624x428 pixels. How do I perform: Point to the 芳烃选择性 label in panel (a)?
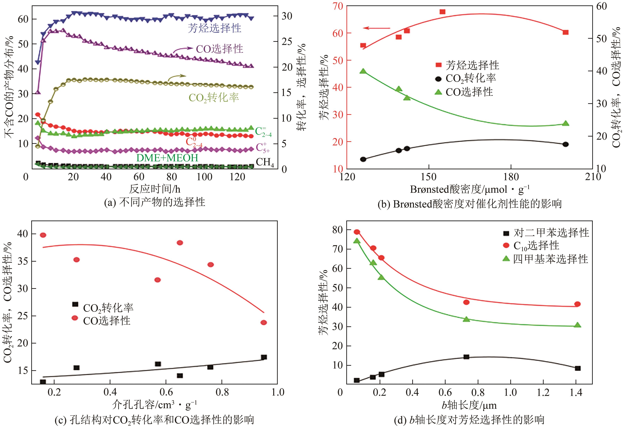[214, 28]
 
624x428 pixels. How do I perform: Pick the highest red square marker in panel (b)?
[442, 12]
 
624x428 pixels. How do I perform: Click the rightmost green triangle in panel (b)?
[566, 123]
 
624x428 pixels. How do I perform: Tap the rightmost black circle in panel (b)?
[566, 144]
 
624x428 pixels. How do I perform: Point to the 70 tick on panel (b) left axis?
[337, 6]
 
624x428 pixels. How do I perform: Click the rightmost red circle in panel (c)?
[264, 323]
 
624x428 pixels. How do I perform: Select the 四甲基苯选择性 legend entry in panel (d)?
[550, 259]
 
